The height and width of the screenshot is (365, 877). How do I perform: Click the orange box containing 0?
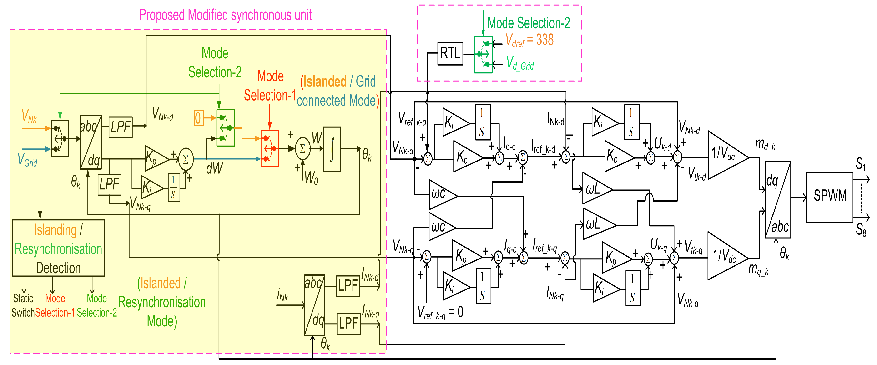click(198, 118)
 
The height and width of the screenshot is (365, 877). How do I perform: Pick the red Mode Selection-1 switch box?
click(269, 148)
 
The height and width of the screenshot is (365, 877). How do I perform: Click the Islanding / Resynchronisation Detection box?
click(58, 248)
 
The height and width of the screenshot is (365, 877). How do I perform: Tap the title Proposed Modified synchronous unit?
click(225, 15)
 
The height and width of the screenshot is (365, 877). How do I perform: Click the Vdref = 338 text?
click(529, 40)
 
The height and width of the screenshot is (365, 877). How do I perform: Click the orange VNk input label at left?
click(29, 116)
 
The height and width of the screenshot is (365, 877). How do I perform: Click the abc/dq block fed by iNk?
click(314, 305)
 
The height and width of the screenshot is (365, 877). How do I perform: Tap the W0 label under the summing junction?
click(311, 177)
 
